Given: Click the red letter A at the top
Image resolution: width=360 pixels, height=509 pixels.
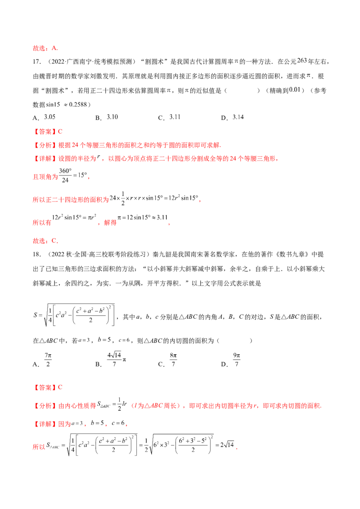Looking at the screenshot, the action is click(54, 48).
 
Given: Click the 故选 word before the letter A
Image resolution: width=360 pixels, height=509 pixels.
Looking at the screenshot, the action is click(39, 49).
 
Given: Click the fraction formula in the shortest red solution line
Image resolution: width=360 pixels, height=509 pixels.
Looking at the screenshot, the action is click(72, 175).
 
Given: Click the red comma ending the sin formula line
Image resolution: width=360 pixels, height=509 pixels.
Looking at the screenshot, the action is click(199, 201).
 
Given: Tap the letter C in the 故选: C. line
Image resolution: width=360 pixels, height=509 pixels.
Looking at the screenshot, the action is click(54, 241).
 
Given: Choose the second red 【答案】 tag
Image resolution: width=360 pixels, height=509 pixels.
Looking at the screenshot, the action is click(45, 387).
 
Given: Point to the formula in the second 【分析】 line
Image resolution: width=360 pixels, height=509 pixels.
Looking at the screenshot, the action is click(111, 404).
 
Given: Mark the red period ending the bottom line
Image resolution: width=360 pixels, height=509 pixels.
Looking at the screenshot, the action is click(236, 448).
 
